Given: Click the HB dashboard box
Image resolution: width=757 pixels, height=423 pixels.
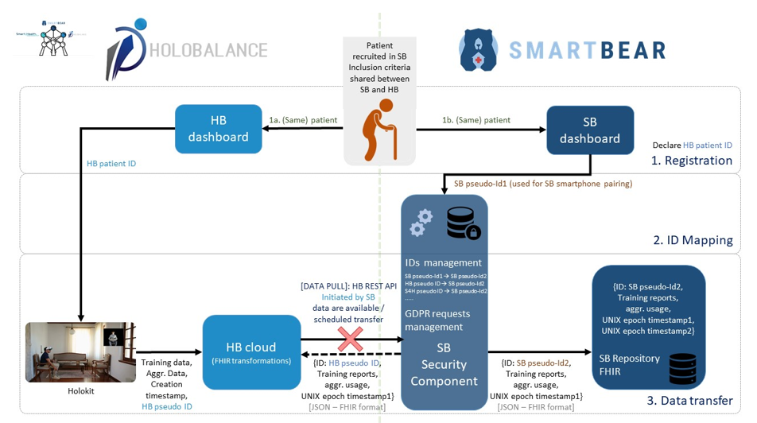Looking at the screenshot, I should (x=219, y=129).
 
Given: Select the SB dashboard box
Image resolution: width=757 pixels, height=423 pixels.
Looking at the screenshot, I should (x=590, y=130).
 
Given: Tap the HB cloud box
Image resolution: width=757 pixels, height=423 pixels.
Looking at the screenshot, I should (x=251, y=353).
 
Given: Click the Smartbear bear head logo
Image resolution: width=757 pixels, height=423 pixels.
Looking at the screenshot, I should (x=479, y=50).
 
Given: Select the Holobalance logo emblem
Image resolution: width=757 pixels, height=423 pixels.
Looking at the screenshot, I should (x=126, y=49).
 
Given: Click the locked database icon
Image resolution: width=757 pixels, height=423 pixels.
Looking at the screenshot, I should (x=463, y=223).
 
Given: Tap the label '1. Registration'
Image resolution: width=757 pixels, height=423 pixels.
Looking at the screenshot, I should (x=692, y=161).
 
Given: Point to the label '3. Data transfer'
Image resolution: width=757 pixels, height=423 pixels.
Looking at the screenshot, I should (x=689, y=401).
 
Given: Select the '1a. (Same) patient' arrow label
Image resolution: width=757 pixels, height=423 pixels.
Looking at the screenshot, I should (x=303, y=120).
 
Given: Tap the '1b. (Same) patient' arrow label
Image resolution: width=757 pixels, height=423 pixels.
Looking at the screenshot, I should (x=476, y=120).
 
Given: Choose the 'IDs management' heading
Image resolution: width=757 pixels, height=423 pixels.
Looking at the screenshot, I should (x=443, y=262).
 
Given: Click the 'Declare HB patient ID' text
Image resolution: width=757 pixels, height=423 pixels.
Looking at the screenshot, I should (x=692, y=146).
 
